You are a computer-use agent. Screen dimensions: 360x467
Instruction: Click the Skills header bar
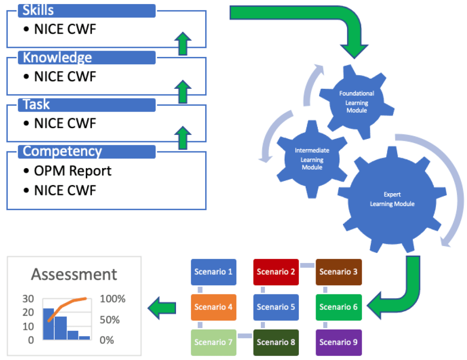87,10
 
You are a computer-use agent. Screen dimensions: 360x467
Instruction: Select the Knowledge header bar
87,57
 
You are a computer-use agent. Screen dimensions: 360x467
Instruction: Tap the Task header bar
87,104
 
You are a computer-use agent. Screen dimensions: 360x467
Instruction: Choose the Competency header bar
87,151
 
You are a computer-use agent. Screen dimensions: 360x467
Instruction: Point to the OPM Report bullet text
73,171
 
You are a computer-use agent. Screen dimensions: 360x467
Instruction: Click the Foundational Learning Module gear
356,102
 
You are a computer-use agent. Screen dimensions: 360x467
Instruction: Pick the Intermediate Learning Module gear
312,158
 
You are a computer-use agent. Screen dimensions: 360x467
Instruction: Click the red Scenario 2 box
276,272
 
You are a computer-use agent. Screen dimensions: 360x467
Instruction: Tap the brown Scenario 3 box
338,272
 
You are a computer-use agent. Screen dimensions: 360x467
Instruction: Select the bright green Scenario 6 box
338,307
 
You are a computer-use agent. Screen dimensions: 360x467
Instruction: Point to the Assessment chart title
74,274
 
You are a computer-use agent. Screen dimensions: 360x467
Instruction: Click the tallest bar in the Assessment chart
48,324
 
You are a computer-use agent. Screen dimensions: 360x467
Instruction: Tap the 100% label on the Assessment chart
113,299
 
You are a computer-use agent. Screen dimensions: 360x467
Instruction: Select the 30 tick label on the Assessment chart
29,299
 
